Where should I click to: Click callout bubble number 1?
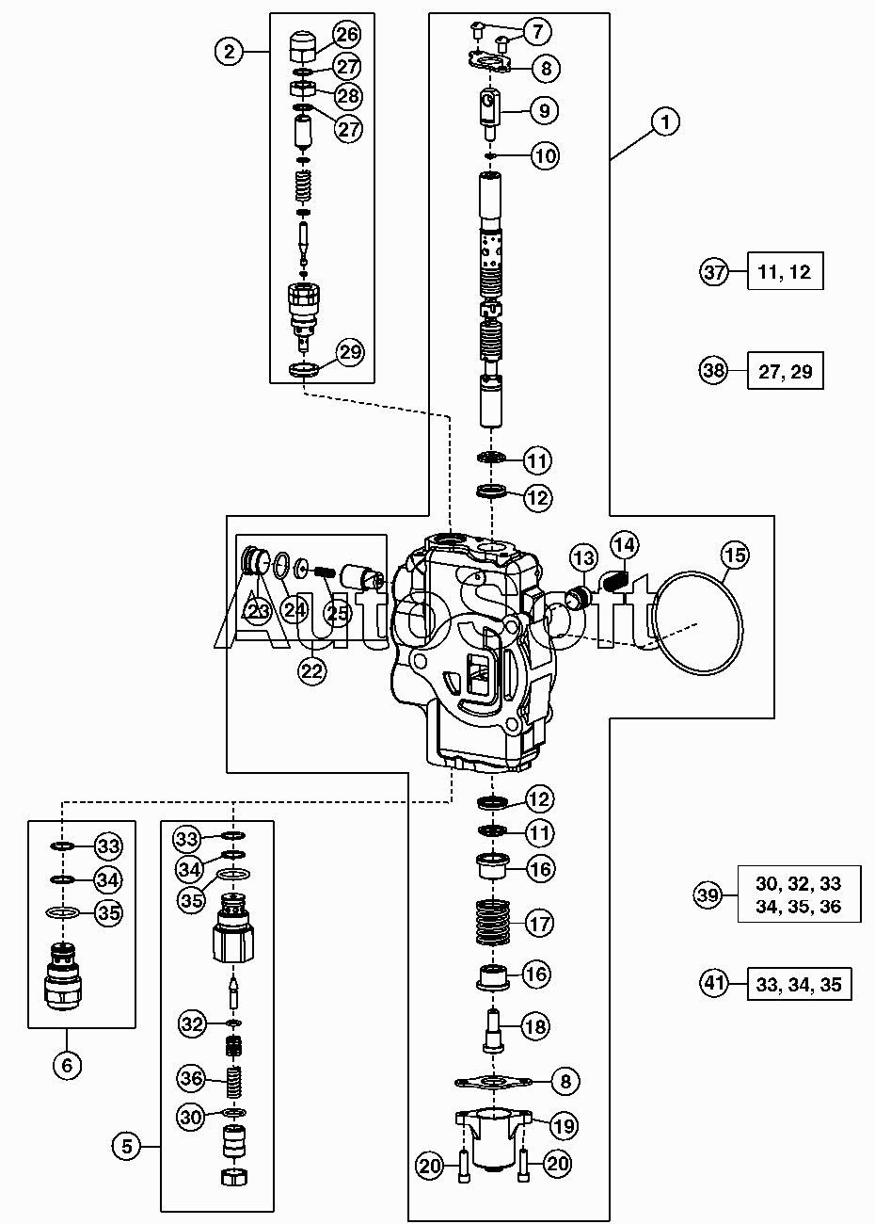tap(664, 121)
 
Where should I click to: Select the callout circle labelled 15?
tap(735, 556)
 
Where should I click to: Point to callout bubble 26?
tap(347, 34)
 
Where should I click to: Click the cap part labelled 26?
tap(303, 47)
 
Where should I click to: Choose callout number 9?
tap(544, 111)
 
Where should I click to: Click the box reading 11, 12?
tap(785, 271)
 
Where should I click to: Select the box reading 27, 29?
tap(785, 370)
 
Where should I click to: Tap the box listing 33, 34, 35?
tap(799, 984)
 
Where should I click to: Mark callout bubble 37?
tap(714, 271)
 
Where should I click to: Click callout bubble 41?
tap(714, 984)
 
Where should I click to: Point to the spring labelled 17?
tap(492, 923)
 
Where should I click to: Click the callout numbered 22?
tap(311, 670)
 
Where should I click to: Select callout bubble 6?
tap(67, 1065)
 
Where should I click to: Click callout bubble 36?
tap(192, 1078)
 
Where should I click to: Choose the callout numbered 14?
tap(625, 545)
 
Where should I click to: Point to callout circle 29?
tap(350, 352)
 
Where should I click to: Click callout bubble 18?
tap(535, 1026)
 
